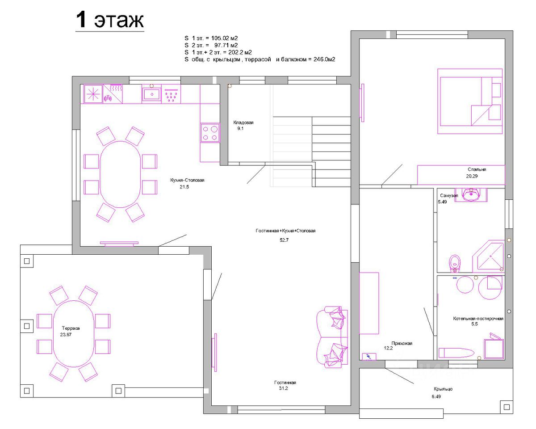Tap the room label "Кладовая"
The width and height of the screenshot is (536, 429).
pos(243,122)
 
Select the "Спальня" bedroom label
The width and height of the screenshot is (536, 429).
pos(477,169)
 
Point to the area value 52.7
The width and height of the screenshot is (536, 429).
pos(284,240)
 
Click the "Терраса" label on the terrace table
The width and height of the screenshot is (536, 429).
pos(71,328)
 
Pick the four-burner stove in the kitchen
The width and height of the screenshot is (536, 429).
pos(210,133)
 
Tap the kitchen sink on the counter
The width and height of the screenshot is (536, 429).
pos(151,94)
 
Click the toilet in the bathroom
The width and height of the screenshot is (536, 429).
pos(455,264)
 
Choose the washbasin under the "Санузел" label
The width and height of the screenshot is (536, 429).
pos(471,195)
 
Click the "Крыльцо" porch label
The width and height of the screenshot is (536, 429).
pos(443,389)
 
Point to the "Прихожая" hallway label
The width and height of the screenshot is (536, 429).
pos(402,343)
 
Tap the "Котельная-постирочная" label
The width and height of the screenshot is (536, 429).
pos(478,319)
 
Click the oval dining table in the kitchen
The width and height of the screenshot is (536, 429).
pos(120,174)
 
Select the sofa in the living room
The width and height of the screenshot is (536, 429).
pos(332,337)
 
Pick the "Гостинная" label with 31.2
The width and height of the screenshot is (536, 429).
pos(285,383)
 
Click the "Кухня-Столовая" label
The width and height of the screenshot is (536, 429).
pos(187,180)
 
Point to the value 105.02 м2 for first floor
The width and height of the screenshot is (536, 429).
pos(224,38)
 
